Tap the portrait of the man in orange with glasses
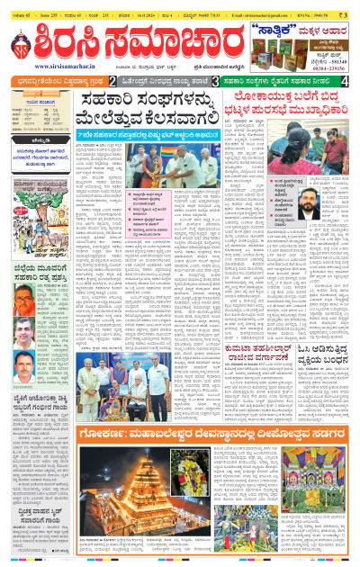(x=24, y=299)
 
